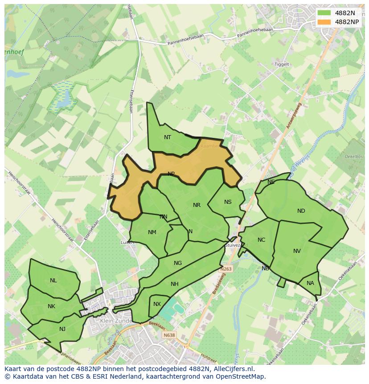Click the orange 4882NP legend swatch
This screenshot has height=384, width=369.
[x=324, y=22]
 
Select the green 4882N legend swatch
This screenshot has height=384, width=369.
[x=324, y=13]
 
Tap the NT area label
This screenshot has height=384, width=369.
[x=168, y=137]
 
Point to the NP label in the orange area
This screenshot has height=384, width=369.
[x=171, y=174]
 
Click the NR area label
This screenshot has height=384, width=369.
[x=197, y=205]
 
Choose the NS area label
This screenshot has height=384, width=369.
[x=228, y=202]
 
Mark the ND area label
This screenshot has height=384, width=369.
[x=301, y=211]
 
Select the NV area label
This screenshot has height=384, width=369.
[x=297, y=251]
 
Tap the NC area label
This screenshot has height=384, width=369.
[x=261, y=240]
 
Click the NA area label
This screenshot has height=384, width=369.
[x=310, y=283]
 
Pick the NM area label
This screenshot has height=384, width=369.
[x=152, y=232]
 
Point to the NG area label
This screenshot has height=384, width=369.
[x=178, y=263]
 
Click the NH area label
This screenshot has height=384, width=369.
[x=174, y=284]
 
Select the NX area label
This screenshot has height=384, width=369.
[x=157, y=304]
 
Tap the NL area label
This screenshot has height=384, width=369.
[x=53, y=281]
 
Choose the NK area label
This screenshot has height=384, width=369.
[x=51, y=306]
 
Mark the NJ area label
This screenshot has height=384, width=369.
[x=62, y=329]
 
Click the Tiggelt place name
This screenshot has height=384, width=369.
[x=282, y=64]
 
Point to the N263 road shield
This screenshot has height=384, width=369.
[x=226, y=269]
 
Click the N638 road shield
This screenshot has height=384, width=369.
[x=169, y=335]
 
